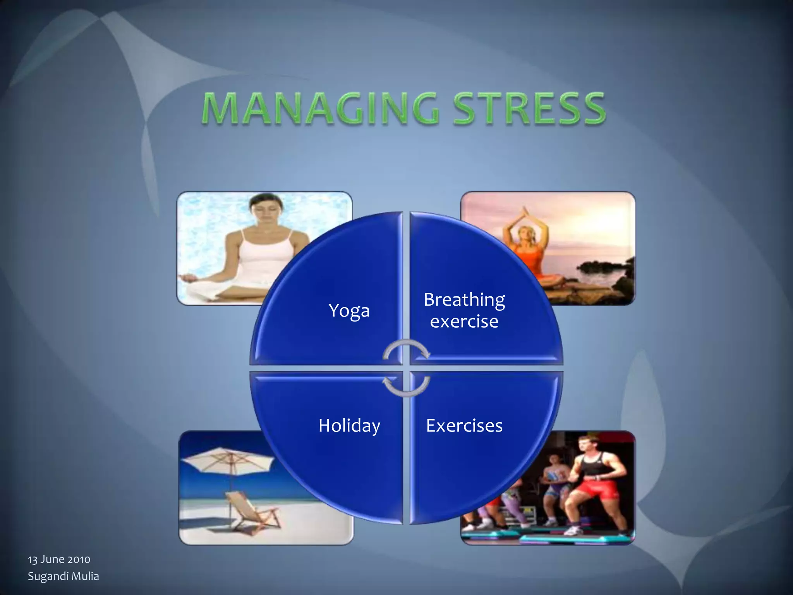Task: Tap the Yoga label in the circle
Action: pos(349,311)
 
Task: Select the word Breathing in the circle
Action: pos(464,300)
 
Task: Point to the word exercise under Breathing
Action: pos(464,322)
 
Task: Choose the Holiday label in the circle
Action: pos(349,425)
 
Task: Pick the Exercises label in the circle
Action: pos(464,425)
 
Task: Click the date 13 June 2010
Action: pos(59,559)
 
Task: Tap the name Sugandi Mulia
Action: pos(64,576)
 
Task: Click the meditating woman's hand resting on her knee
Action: pos(188,277)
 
